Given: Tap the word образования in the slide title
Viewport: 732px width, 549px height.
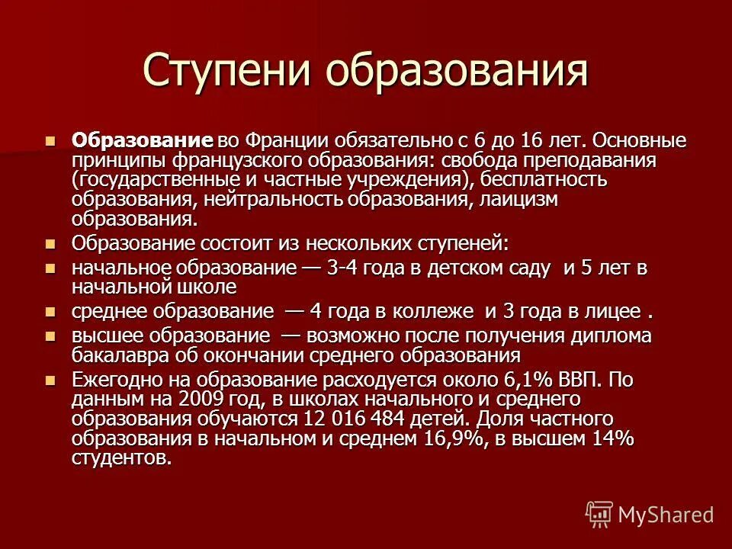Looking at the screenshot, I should click(458, 71).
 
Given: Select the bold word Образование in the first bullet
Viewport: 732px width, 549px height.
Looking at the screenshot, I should click(141, 141).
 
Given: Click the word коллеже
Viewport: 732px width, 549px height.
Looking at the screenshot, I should click(432, 312).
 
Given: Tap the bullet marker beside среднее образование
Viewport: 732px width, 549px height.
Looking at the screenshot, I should click(50, 313).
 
